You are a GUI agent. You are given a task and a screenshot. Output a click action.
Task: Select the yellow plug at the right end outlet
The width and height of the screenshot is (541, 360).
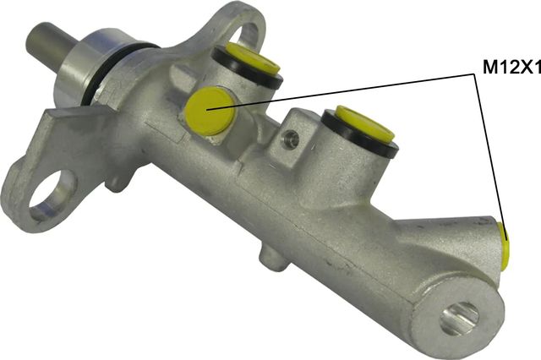coord(505,246)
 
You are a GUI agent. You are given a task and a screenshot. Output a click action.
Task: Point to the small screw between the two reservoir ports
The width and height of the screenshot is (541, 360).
coord(292,139)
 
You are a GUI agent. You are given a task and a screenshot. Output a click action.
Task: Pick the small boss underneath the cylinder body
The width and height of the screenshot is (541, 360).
coord(270,256)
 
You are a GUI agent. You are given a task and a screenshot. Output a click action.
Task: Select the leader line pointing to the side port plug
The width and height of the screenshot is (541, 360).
coord(355,90)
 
